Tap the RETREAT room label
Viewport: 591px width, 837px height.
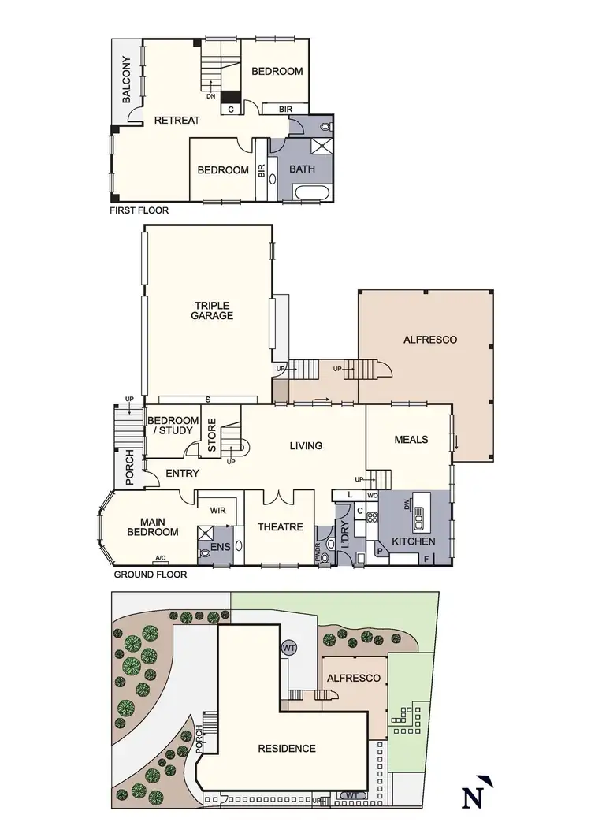click(x=177, y=121)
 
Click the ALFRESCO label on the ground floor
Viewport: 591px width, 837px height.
click(x=430, y=340)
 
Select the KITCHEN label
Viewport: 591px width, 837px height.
click(x=414, y=542)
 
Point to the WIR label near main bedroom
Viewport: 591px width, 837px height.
click(x=218, y=511)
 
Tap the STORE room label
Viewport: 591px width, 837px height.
click(x=212, y=433)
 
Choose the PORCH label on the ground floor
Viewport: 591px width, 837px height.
click(x=130, y=468)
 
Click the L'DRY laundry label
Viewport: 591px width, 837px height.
click(x=344, y=536)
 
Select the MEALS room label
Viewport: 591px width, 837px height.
click(x=411, y=439)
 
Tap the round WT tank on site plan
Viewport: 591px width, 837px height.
click(x=289, y=647)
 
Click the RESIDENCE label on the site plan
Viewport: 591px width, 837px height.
click(x=287, y=749)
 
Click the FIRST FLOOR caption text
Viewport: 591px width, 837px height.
click(x=139, y=211)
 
